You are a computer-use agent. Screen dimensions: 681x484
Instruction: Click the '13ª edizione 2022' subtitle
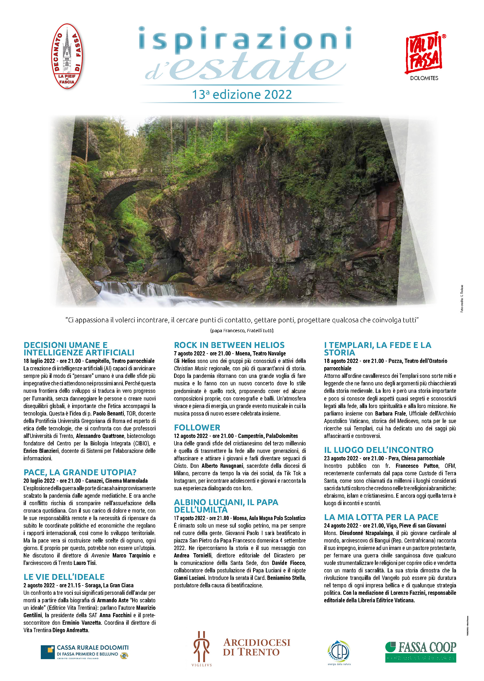pos(242,94)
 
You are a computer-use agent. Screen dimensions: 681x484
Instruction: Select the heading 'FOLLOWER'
pos(197,427)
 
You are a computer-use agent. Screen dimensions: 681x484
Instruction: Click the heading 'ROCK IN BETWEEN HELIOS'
pos(229,345)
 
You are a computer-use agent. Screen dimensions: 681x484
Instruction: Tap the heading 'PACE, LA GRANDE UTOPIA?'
pos(80,472)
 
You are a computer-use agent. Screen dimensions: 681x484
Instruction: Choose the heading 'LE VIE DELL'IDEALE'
pos(64,577)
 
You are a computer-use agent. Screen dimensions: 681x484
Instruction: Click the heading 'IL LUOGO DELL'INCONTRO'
pos(378,450)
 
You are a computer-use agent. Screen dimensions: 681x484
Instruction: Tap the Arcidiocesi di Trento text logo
pos(256,648)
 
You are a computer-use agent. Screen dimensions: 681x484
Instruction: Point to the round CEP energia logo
pos(339,652)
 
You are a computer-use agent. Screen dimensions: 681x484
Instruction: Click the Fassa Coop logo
pos(420,652)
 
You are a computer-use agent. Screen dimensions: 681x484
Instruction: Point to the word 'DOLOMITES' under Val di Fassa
pos(424,78)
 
